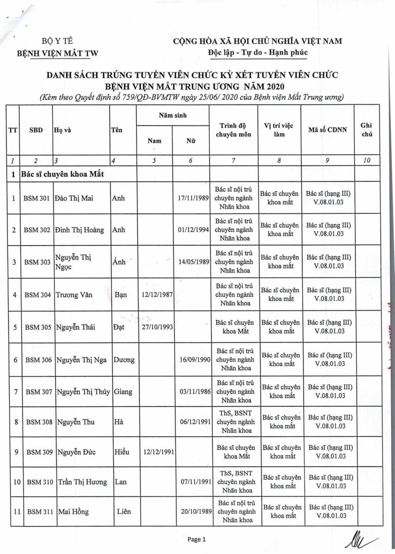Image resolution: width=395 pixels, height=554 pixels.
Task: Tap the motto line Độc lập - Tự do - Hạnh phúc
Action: point(257,52)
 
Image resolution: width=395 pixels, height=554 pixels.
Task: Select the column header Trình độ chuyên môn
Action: point(233,130)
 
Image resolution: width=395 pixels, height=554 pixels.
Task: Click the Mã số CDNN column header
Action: point(328,130)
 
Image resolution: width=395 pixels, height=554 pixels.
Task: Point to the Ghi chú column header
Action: point(367,130)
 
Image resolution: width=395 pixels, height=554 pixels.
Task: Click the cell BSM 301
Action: point(36,198)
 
